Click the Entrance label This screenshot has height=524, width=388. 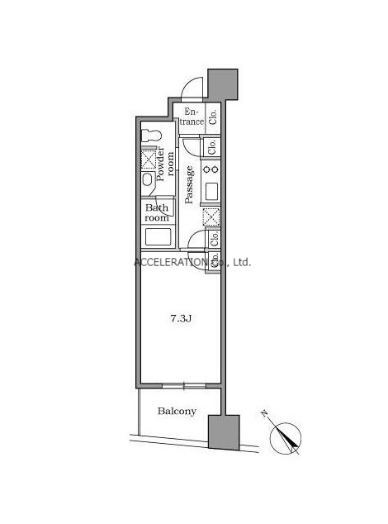192,117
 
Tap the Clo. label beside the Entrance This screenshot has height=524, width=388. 213,117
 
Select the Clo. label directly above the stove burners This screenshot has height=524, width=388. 212,147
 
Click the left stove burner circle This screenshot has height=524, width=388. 206,169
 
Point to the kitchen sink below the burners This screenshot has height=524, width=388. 211,192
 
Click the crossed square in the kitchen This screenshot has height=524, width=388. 211,217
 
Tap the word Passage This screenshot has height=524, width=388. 189,185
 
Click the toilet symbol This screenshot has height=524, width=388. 151,136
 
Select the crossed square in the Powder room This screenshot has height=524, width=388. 149,159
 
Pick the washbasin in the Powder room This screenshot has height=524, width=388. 147,180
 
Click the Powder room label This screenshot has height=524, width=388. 165,164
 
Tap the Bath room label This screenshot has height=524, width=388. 157,212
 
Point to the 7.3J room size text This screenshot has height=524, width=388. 181,319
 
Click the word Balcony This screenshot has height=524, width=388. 177,411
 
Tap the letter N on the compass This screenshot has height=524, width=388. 265,414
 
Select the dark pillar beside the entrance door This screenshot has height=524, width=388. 223,84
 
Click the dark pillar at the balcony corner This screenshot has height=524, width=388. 224,432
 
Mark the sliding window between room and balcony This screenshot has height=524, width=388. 183,386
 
